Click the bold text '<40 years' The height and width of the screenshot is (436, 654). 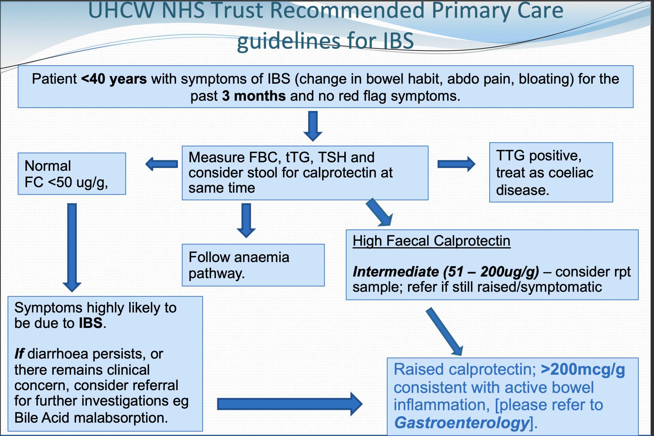click(x=114, y=79)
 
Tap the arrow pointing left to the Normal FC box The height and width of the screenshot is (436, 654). click(x=162, y=164)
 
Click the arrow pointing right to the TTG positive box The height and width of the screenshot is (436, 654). click(x=456, y=164)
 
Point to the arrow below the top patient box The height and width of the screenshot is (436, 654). click(x=313, y=126)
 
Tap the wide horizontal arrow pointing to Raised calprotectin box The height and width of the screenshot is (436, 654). click(x=289, y=404)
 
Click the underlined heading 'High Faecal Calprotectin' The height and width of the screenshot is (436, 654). click(x=431, y=241)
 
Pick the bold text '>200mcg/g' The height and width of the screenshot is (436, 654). click(x=583, y=370)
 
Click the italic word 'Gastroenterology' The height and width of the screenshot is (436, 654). click(x=462, y=423)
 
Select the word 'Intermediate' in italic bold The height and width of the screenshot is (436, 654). click(x=396, y=272)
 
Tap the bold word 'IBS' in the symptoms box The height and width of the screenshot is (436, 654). click(x=91, y=323)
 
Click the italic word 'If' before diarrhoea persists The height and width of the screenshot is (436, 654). click(x=19, y=354)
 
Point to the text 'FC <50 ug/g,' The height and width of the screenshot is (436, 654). click(x=66, y=182)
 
